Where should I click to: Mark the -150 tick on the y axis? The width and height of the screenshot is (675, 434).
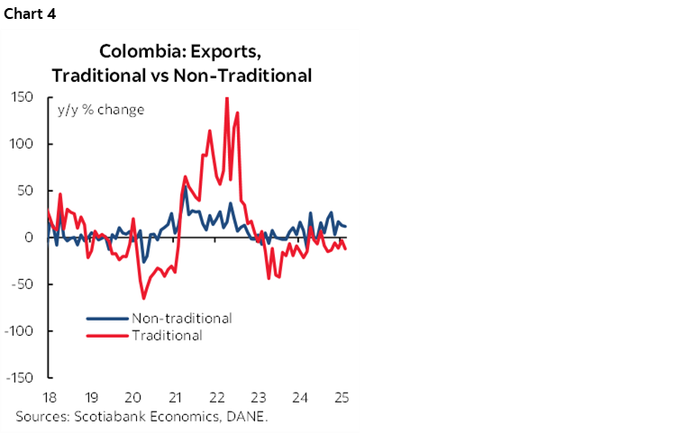(x=20, y=377)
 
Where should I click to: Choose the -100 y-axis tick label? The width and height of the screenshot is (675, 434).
(x=20, y=330)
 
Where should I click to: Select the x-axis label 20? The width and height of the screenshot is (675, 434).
(x=132, y=397)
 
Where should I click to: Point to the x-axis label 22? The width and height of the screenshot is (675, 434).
(x=216, y=397)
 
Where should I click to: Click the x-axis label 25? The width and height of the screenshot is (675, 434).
(x=342, y=397)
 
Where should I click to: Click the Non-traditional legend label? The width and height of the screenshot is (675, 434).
(x=181, y=318)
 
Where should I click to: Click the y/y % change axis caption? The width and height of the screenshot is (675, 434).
(x=101, y=110)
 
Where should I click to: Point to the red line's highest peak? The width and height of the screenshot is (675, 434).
(x=226, y=98)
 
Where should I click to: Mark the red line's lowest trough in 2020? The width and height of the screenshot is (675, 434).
(x=143, y=298)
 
